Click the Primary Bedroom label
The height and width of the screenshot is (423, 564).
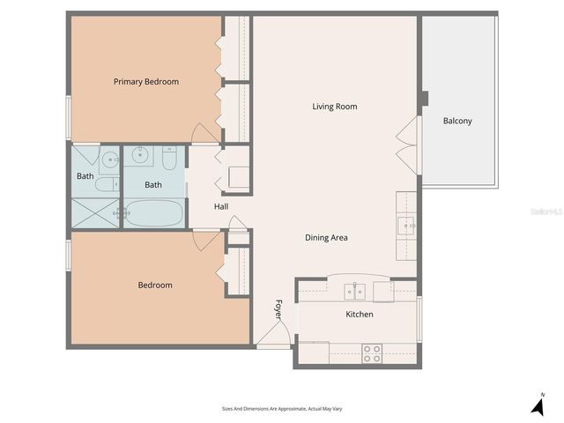[x=145, y=82]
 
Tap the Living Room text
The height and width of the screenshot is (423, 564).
[x=334, y=107]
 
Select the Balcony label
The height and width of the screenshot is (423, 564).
[x=456, y=121]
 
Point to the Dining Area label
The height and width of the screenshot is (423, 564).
[x=326, y=237]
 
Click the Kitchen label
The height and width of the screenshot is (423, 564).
[x=359, y=314]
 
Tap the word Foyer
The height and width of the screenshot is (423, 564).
[x=278, y=309]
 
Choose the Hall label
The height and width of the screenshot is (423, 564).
[x=220, y=207]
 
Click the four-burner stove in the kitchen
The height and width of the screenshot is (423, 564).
[x=372, y=353]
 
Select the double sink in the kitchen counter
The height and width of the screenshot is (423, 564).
[x=355, y=290]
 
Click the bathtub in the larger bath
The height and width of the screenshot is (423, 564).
[x=154, y=214]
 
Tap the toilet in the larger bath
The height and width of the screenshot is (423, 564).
[x=170, y=160]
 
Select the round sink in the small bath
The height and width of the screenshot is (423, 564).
[x=108, y=160]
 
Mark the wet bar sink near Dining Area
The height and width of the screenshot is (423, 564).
[x=408, y=225]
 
